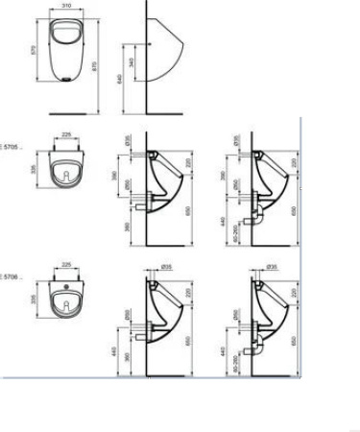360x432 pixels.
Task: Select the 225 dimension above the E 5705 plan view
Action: point(66,135)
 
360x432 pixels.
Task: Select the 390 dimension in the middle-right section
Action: point(224,180)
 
